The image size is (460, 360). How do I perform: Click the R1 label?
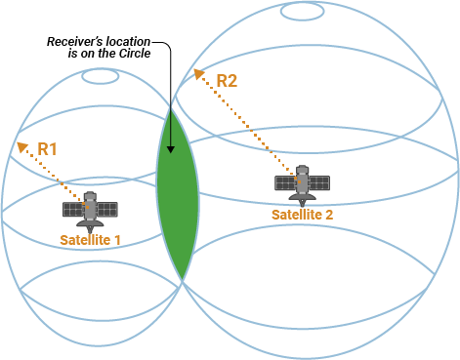pyautogui.click(x=48, y=149)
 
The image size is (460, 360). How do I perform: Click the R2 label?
pyautogui.click(x=226, y=81)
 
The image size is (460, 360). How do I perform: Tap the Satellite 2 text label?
pyautogui.click(x=302, y=214)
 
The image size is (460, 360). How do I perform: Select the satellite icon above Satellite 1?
pyautogui.click(x=90, y=208)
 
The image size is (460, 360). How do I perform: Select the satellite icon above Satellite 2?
pyautogui.click(x=302, y=182)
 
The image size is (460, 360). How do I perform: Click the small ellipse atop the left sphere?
pyautogui.click(x=100, y=76)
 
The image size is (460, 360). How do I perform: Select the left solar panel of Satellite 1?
pyautogui.click(x=73, y=209)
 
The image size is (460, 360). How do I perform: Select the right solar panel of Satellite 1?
pyautogui.click(x=106, y=209)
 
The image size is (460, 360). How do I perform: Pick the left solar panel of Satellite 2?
pyautogui.click(x=285, y=182)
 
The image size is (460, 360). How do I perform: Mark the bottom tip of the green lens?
pyautogui.click(x=183, y=281)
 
